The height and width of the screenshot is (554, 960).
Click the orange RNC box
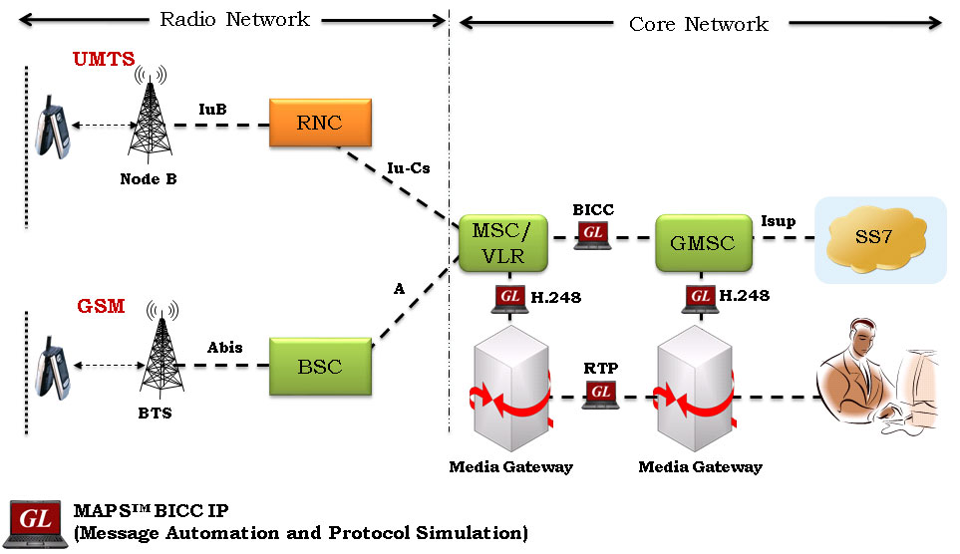pos(319,124)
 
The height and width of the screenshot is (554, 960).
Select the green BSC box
pos(319,367)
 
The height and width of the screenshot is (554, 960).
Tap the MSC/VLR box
pos(503,242)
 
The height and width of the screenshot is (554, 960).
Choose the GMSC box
pos(703,242)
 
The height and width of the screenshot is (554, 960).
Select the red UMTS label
pos(104,60)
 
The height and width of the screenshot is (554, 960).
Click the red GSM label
pos(100,306)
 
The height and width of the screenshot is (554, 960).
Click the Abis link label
pos(224,348)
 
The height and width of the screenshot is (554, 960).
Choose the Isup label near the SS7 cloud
pos(778,220)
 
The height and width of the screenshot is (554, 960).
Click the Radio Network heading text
pos(234,19)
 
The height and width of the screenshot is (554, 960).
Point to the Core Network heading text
pos(699,24)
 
